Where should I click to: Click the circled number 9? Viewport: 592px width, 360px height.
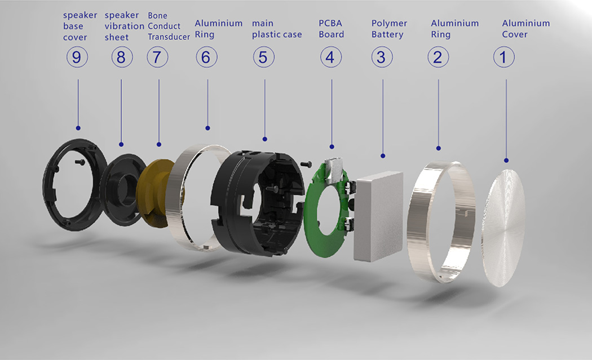coord(77,57)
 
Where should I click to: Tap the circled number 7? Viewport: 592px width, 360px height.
coord(157,57)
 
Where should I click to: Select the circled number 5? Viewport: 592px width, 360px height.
coord(263,57)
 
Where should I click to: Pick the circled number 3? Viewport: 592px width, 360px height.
coord(382,57)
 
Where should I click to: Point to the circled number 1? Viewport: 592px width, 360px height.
coord(503,57)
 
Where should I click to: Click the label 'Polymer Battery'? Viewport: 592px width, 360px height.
coord(389,29)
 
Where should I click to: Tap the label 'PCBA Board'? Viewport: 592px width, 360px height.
coord(331,29)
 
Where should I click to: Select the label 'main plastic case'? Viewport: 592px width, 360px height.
coord(277,29)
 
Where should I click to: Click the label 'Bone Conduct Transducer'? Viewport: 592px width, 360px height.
coord(169,26)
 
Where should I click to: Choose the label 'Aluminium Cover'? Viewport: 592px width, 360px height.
coord(525,29)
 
